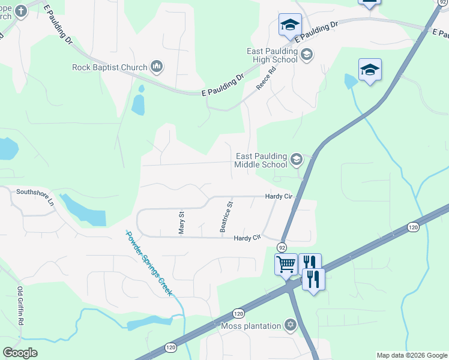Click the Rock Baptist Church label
pyautogui.click(x=110, y=67)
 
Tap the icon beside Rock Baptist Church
pyautogui.click(x=157, y=66)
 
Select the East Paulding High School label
pyautogui.click(x=272, y=55)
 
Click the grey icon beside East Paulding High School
pyautogui.click(x=307, y=55)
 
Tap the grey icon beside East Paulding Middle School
pyautogui.click(x=296, y=160)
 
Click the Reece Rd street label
pyautogui.click(x=265, y=78)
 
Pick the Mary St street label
pyautogui.click(x=181, y=222)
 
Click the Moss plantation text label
pyautogui.click(x=251, y=326)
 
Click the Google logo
pyautogui.click(x=20, y=353)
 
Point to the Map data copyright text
pyautogui.click(x=412, y=355)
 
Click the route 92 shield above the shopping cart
pyautogui.click(x=282, y=247)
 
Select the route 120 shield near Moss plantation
pyautogui.click(x=238, y=313)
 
